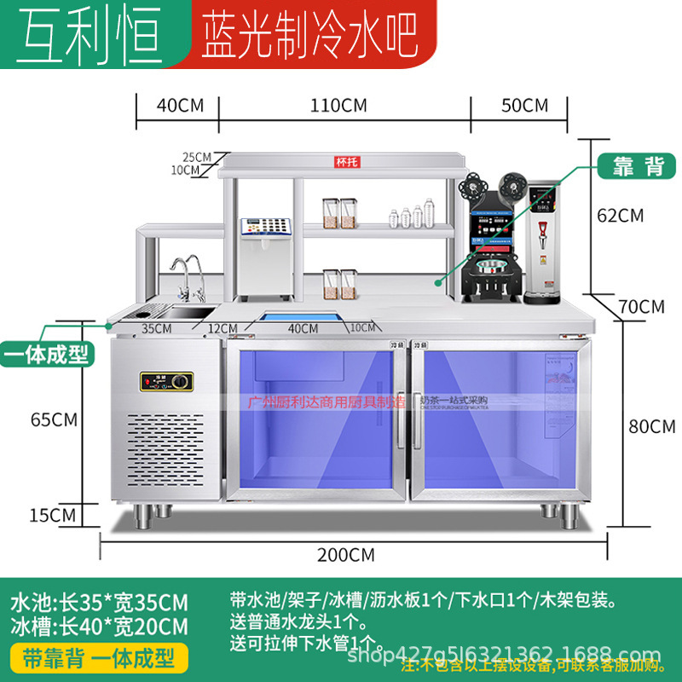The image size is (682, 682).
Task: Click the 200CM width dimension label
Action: point(345,555)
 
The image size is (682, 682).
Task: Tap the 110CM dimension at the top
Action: point(338,106)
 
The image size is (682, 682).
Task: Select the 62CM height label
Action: point(620,215)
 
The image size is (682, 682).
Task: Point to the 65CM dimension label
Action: point(53,419)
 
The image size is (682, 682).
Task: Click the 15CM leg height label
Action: point(53,514)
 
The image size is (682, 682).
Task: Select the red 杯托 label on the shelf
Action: point(344,162)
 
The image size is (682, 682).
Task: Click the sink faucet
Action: point(190,274)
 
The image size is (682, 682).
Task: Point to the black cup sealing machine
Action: point(492,247)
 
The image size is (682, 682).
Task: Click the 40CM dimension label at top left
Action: point(180,106)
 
